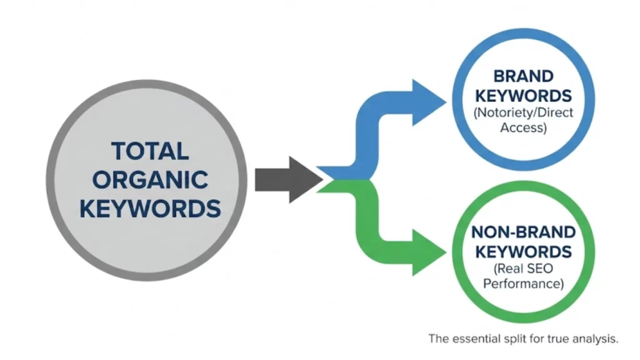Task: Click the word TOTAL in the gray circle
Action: [149, 152]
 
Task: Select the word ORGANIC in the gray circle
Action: [149, 180]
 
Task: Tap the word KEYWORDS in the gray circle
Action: [149, 208]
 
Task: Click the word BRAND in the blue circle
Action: [524, 77]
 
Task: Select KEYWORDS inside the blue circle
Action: [524, 96]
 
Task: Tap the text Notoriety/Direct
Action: [524, 114]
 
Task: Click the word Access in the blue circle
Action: [524, 129]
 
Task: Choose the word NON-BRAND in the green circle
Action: [523, 232]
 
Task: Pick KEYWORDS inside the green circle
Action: [523, 252]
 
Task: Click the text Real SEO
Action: [523, 269]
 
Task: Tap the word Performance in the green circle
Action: [523, 284]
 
